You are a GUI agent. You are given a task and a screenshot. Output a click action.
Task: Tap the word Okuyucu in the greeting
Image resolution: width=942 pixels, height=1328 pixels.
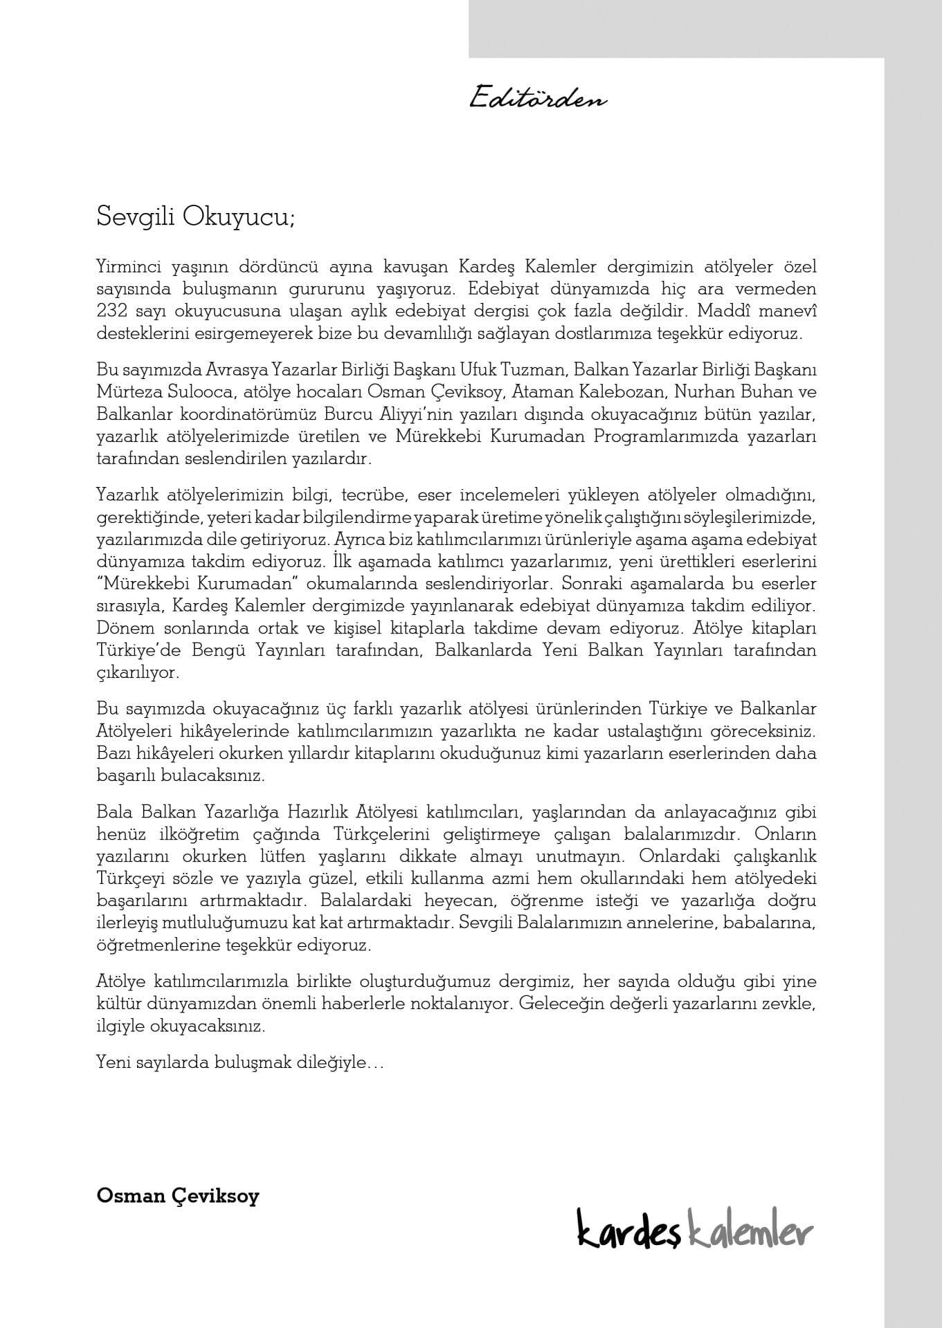[238, 216]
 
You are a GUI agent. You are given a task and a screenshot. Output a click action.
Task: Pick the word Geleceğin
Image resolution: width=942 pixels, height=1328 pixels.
[555, 1003]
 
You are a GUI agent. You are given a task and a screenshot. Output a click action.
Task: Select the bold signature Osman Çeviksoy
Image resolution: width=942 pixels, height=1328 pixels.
[178, 1197]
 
